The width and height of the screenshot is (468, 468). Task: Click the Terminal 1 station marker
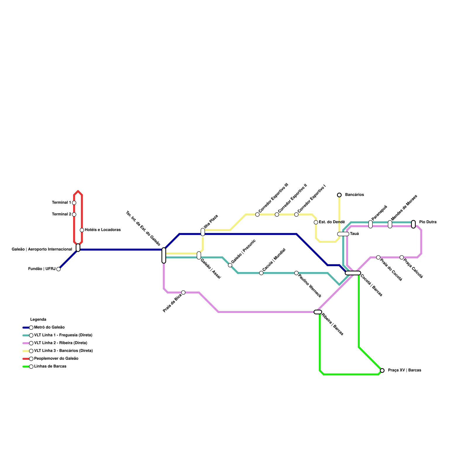(x=74, y=203)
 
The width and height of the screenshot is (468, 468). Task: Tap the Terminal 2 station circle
(x=74, y=214)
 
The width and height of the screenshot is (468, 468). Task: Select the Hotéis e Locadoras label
(x=103, y=230)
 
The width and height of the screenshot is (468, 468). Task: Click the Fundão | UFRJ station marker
(x=58, y=269)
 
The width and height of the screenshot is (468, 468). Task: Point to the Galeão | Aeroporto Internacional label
(x=42, y=250)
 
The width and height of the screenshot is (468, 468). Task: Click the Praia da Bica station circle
(x=183, y=292)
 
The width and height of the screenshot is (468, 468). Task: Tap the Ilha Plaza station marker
(x=203, y=232)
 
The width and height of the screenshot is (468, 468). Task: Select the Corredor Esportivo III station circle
(x=257, y=214)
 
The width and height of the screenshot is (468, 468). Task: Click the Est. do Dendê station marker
(x=316, y=222)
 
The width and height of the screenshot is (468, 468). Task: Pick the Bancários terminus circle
(x=339, y=195)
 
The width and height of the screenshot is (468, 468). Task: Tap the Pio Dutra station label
(x=428, y=222)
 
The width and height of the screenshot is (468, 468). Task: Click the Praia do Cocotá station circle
(x=378, y=257)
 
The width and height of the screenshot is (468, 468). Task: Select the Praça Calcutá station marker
(x=402, y=257)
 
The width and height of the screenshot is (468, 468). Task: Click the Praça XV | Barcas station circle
(x=382, y=371)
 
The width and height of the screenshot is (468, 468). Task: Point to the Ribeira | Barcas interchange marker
(x=318, y=312)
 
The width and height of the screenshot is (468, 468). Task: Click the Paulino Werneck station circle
(x=296, y=273)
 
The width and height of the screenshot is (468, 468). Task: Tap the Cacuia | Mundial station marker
(x=261, y=273)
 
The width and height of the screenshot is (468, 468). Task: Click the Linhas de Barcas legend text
(x=50, y=367)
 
